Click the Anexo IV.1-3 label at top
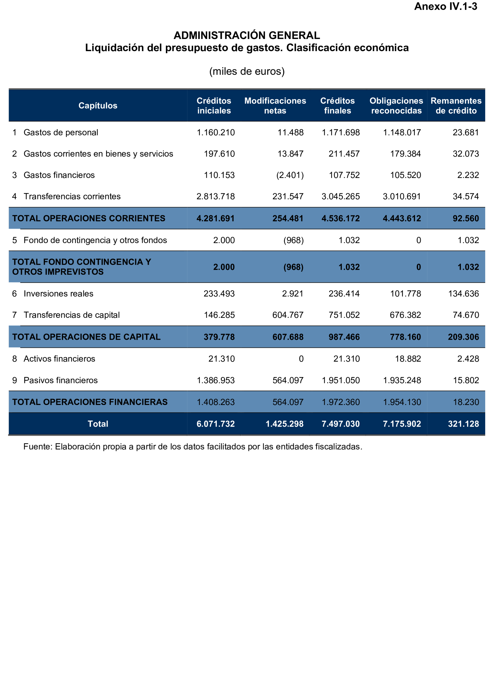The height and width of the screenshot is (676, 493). pyautogui.click(x=446, y=7)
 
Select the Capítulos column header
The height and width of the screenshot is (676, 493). pyautogui.click(x=98, y=106)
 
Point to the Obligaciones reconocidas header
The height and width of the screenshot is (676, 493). pyautogui.click(x=396, y=106)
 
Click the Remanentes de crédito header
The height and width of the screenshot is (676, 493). pyautogui.click(x=456, y=106)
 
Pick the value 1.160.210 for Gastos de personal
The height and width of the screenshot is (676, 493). pyautogui.click(x=216, y=132)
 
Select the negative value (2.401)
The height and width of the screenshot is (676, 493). pyautogui.click(x=290, y=175)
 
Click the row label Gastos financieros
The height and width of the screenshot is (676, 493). pyautogui.click(x=59, y=175)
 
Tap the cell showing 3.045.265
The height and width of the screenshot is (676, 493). pyautogui.click(x=341, y=197)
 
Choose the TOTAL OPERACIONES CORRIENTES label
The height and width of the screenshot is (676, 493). pyautogui.click(x=89, y=218)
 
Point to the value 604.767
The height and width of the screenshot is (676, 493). pyautogui.click(x=288, y=315)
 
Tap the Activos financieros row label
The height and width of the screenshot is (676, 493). pyautogui.click(x=59, y=359)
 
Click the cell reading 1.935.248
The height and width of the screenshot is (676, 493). pyautogui.click(x=402, y=380)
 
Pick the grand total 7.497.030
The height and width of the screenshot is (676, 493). pyautogui.click(x=341, y=424)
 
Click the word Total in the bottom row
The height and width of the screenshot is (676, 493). pyautogui.click(x=98, y=424)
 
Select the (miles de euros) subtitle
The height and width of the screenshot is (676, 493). pyautogui.click(x=247, y=72)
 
